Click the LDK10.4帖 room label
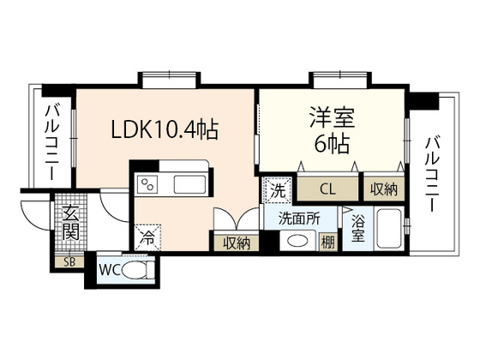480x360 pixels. pos(165,129)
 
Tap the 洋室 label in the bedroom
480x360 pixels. pos(332,117)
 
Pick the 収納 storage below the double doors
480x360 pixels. pos(237,243)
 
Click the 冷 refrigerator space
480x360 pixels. pos(147,237)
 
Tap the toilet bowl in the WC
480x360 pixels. pos(137,270)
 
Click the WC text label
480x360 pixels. pos(110,270)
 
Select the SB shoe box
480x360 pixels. pos(69,262)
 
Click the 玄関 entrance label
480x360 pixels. pos(70,224)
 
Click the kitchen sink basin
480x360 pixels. pos(189,184)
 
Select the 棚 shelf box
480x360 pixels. pos(327,242)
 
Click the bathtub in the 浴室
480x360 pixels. pos(390,229)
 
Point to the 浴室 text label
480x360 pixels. pos(358,228)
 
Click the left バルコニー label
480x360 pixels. pos(52,143)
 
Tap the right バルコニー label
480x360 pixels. pos(432,174)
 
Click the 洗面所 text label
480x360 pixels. pos(299,219)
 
